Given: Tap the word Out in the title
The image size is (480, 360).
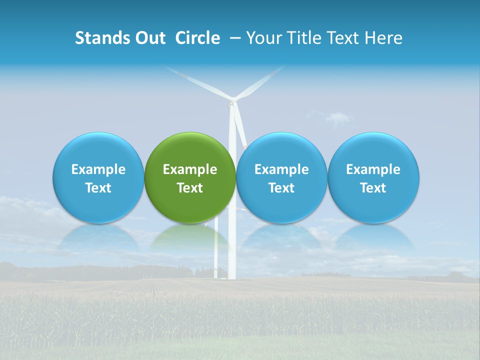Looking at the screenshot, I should (x=149, y=38).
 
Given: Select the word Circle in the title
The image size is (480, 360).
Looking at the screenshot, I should (x=197, y=38).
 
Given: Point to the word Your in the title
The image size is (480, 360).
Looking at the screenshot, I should (x=265, y=38).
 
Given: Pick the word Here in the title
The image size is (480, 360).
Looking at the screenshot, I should (x=383, y=38).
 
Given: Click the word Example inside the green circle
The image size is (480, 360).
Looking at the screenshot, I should (x=190, y=169).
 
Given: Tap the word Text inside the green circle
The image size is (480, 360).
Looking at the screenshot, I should (x=190, y=188).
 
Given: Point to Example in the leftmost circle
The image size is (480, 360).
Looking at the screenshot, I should (x=98, y=169).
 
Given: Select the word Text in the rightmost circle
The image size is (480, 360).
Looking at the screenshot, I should (x=373, y=188).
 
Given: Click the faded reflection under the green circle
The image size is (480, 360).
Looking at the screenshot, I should (x=190, y=238).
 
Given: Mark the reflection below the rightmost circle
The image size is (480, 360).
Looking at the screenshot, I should (x=373, y=238).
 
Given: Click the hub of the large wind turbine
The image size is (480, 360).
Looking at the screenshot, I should (x=231, y=103).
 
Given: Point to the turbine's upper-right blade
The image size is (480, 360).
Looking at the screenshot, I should (x=260, y=82).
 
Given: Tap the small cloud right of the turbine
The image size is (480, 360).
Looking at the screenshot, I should (x=338, y=118).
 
